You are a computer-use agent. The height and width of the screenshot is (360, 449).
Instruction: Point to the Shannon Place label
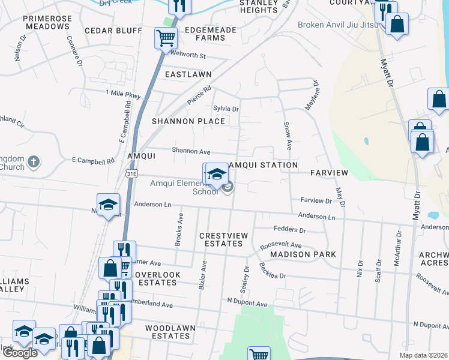[188, 121]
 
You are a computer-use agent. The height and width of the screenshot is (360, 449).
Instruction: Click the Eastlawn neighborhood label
[188, 74]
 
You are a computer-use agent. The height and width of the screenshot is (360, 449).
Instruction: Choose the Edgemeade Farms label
[197, 33]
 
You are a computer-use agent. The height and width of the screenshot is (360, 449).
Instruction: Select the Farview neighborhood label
[329, 173]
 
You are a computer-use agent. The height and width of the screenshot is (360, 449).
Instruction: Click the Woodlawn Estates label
[167, 332]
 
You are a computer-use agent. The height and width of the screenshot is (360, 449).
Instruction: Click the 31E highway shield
[131, 173]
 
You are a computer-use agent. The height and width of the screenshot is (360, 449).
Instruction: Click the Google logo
[20, 353]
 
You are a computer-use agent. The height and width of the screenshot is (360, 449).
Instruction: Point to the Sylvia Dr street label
[226, 109]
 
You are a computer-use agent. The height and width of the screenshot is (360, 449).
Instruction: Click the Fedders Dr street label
[289, 230]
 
